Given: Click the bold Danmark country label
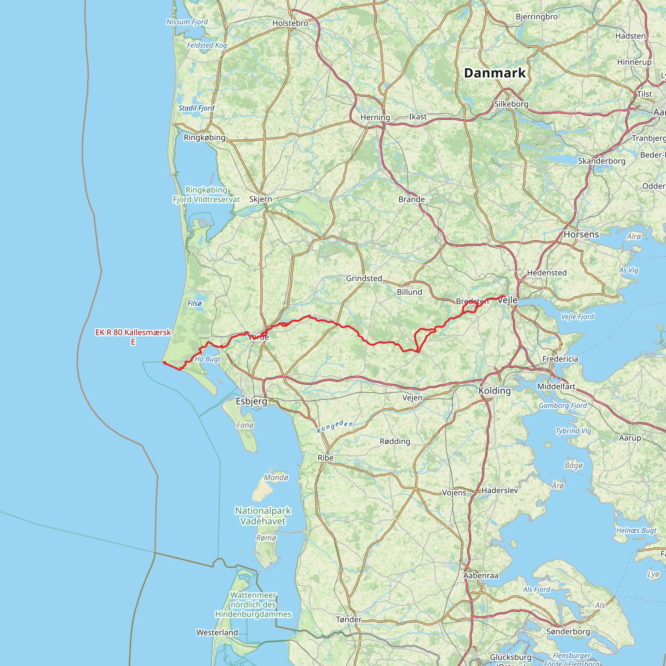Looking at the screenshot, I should coord(495,73).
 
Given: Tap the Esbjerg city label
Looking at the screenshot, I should coord(251,401).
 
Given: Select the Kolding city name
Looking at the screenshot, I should coord(494,391).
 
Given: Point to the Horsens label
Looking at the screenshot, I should coord(581,234).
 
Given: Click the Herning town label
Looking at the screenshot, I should coord(375,117).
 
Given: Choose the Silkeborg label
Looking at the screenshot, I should coord(511,104).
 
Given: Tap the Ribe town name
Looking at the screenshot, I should coord(326,458).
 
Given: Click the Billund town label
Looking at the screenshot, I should coord(409,292).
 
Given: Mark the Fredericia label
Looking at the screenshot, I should coord(560,359).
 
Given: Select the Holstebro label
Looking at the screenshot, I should coord(290,23).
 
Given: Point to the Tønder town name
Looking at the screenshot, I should coord(349,619).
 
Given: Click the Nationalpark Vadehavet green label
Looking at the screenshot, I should coord(263,516).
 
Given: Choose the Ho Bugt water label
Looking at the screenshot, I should coord(207,359).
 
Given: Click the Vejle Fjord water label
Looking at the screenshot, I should coord(578,316).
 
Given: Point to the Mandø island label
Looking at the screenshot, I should coord(276,477).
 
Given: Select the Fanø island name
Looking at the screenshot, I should coord(245,425).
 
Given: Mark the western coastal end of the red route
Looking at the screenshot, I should coord(165,362).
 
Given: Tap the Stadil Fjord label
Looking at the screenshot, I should coord(196,108).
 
